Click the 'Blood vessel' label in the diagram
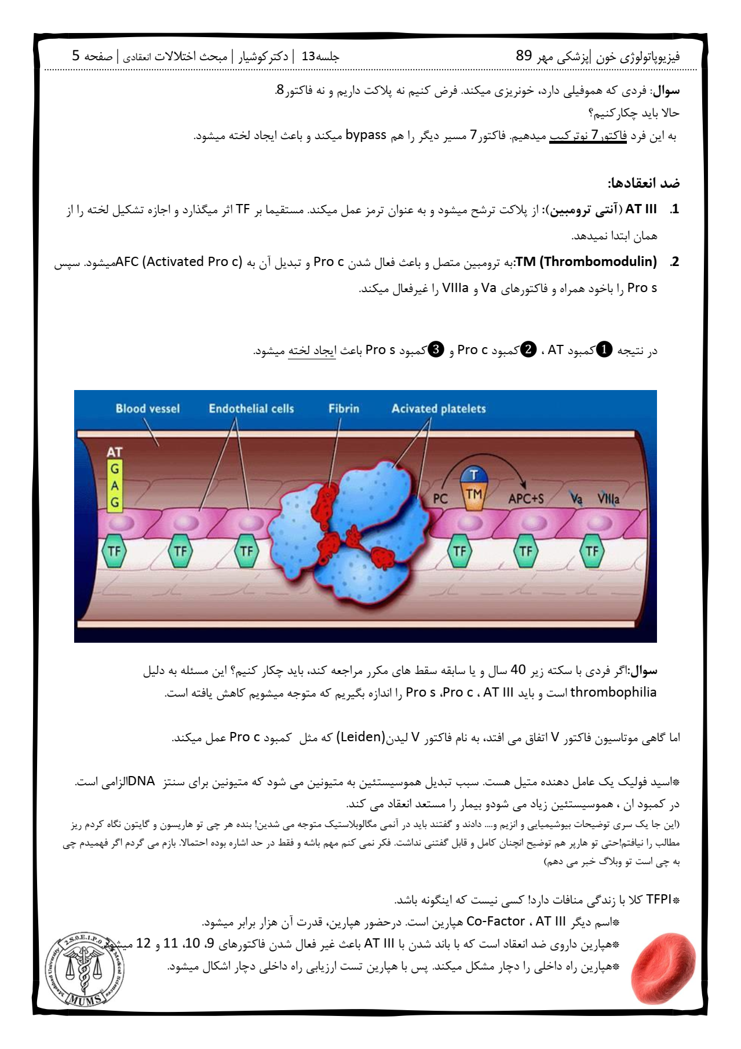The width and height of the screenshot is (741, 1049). (x=148, y=409)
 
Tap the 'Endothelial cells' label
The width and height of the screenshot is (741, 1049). (x=251, y=409)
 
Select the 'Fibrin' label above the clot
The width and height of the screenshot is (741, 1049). (x=344, y=409)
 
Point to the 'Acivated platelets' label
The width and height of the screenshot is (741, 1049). (x=439, y=409)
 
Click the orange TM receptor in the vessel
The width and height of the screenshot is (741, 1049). (x=473, y=496)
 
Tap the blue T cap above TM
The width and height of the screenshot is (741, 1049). (x=473, y=475)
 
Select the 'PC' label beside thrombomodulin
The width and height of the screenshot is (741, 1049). (x=440, y=498)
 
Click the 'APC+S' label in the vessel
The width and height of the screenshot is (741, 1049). (x=526, y=498)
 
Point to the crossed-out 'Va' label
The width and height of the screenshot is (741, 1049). (x=576, y=498)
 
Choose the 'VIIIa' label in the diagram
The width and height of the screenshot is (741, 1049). (x=608, y=498)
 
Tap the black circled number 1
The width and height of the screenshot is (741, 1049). (x=604, y=349)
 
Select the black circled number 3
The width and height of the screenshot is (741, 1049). (x=436, y=349)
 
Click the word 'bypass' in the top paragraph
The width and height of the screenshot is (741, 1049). (x=366, y=136)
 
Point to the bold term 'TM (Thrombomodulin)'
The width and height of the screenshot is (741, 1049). (x=586, y=262)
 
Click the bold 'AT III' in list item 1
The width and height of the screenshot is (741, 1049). (x=641, y=209)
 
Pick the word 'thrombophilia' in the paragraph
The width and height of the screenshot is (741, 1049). (x=614, y=693)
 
